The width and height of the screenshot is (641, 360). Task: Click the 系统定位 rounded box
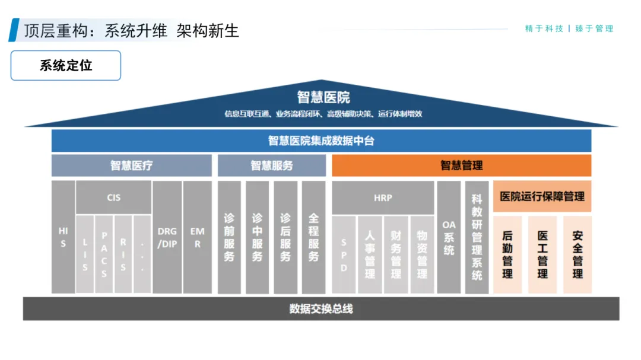[66, 65]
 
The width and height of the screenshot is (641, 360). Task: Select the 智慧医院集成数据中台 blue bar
[321, 141]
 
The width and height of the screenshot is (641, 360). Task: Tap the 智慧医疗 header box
[131, 165]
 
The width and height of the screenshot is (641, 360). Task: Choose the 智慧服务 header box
[271, 165]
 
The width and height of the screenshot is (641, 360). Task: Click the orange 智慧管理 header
[461, 165]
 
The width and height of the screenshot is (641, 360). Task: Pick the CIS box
[113, 197]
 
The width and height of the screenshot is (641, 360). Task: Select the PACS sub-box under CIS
[104, 254]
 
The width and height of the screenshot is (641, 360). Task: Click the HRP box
[383, 197]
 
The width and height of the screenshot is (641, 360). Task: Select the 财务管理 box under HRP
[396, 254]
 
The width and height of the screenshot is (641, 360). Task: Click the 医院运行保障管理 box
[542, 196]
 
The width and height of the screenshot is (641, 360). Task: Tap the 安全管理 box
[577, 254]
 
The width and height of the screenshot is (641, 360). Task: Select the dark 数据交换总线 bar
[321, 308]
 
